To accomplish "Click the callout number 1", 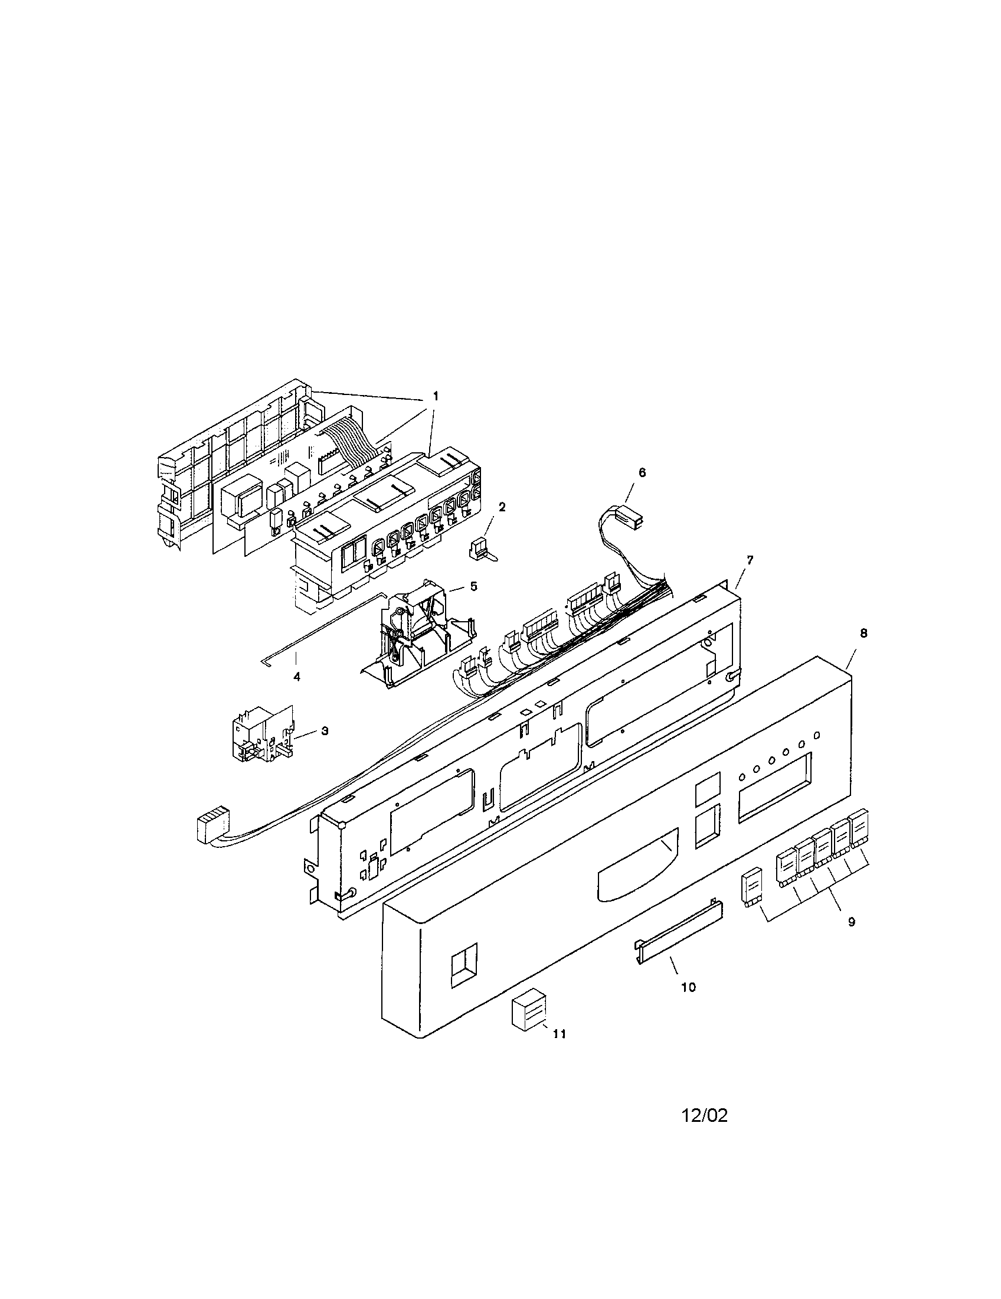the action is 435,395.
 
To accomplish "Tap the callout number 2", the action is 502,507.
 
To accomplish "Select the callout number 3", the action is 325,731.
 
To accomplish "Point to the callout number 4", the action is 297,676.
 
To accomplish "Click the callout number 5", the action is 473,586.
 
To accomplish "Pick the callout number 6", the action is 642,472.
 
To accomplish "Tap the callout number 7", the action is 750,560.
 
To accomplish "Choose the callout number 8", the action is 863,634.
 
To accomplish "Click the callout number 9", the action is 851,921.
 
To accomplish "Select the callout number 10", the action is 688,987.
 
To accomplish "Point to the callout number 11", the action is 560,1034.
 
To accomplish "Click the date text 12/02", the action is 704,1115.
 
